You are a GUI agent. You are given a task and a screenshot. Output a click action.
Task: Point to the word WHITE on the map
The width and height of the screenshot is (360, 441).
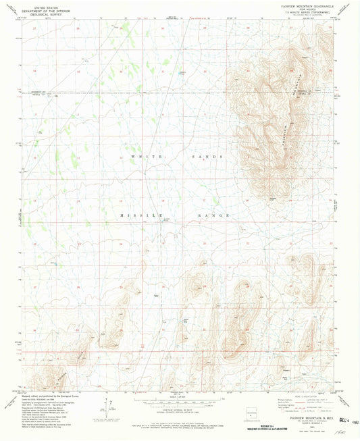[136, 157]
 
